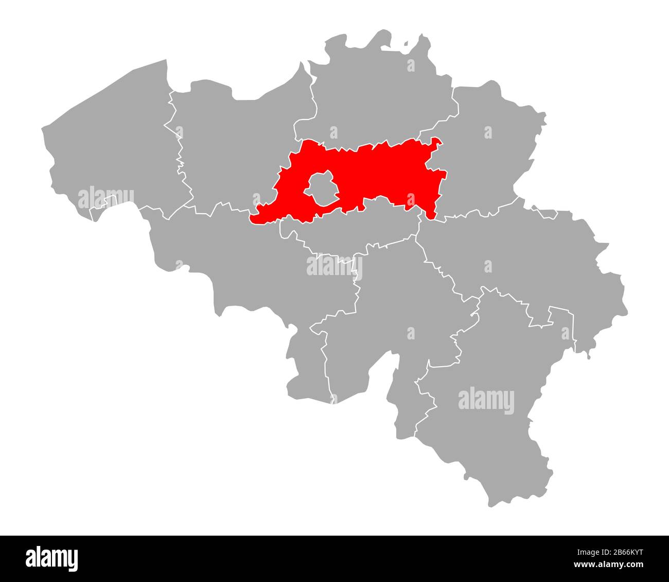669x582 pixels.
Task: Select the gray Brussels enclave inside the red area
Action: tap(322, 189)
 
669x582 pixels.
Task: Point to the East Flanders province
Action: tap(232, 149)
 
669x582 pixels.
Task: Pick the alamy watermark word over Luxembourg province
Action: tap(486, 400)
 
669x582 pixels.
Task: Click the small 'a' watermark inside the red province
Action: tap(410, 199)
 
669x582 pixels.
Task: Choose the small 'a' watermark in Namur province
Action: tap(411, 333)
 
